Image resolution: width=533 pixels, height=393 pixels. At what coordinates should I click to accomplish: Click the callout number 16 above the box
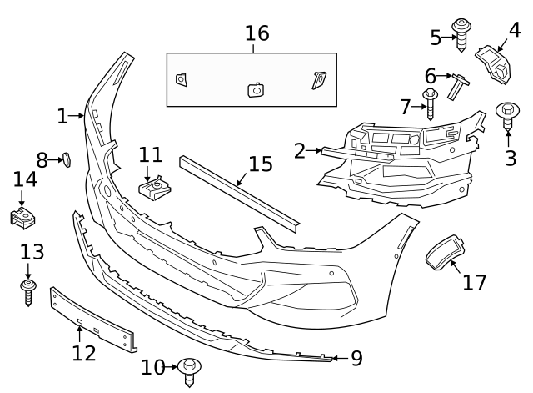click(x=257, y=33)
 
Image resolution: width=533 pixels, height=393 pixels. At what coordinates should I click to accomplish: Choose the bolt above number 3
click(x=508, y=113)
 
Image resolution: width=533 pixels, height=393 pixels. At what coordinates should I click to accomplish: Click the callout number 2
click(x=300, y=151)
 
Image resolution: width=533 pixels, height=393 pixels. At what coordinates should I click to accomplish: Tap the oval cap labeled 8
click(x=67, y=159)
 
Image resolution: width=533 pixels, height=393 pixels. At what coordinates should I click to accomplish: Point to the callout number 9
click(x=356, y=359)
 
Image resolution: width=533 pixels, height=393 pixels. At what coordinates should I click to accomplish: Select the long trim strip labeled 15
click(x=238, y=191)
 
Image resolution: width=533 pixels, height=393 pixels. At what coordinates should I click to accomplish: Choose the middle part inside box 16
click(x=256, y=90)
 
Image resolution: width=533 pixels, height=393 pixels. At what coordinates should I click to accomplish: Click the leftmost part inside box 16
click(x=182, y=79)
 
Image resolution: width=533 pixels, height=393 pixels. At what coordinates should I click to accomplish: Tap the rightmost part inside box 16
click(x=319, y=79)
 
